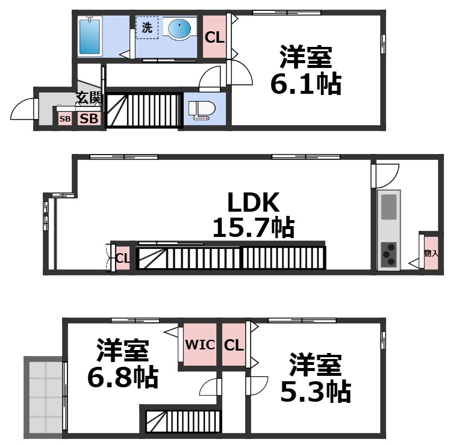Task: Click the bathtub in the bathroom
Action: (x=90, y=36)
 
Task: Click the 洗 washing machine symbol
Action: (x=146, y=28)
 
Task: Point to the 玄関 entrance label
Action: (x=89, y=97)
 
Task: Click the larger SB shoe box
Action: (x=89, y=118)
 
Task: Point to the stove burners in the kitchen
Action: (x=389, y=254)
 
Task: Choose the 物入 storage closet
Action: (x=430, y=253)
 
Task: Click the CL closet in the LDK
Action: (x=123, y=259)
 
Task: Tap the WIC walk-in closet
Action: (x=198, y=345)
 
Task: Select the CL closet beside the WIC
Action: (x=233, y=345)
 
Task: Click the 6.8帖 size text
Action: (x=123, y=377)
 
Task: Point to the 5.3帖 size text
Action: (x=315, y=392)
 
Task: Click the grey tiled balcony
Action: (x=44, y=396)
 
